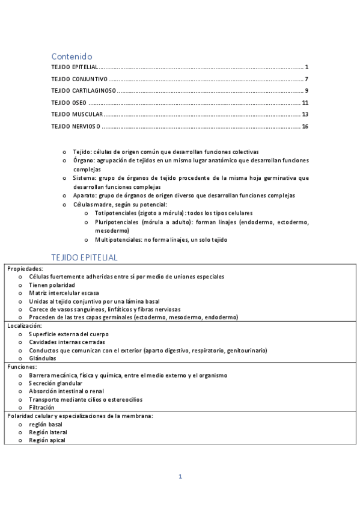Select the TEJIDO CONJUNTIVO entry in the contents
tap(79, 79)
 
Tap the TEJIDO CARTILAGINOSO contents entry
tap(84, 91)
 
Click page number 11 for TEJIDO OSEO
tap(305, 102)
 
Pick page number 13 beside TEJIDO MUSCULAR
tap(305, 114)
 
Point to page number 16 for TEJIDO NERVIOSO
tap(305, 126)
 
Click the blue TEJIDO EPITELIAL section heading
tap(84, 257)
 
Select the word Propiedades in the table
tap(25, 268)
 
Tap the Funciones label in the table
tap(22, 366)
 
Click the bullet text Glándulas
tap(42, 358)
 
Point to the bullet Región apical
tap(47, 440)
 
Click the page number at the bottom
tap(180, 477)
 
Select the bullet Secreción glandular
tap(56, 382)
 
